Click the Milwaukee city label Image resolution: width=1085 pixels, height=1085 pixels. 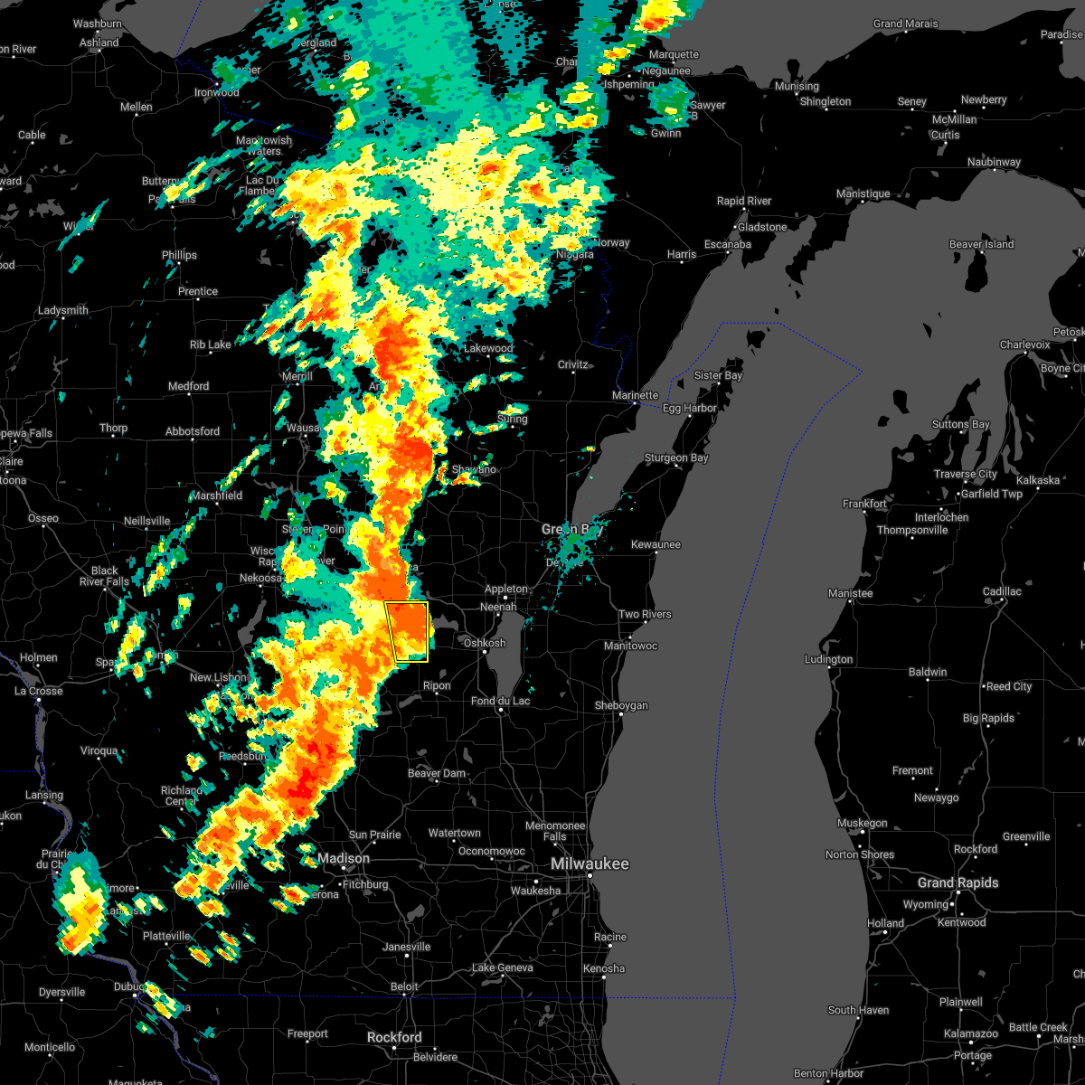pyautogui.click(x=590, y=864)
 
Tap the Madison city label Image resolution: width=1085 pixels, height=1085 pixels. pyautogui.click(x=343, y=858)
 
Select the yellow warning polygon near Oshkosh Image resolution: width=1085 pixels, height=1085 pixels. pyautogui.click(x=408, y=631)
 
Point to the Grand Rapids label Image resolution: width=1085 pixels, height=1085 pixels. pyautogui.click(x=958, y=882)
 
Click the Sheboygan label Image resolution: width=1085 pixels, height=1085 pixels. pyautogui.click(x=621, y=706)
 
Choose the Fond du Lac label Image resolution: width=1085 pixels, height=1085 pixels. pyautogui.click(x=500, y=701)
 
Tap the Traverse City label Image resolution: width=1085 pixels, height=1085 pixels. pyautogui.click(x=967, y=474)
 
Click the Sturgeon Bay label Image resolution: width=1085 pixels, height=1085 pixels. pyautogui.click(x=675, y=458)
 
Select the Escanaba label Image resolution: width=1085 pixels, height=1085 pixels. pyautogui.click(x=727, y=244)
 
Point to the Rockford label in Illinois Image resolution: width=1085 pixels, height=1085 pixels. pyautogui.click(x=394, y=1037)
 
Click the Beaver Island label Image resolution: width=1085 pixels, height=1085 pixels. pyautogui.click(x=981, y=244)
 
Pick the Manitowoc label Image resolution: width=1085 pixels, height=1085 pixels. pyautogui.click(x=630, y=646)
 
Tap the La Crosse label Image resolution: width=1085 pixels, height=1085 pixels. pyautogui.click(x=39, y=691)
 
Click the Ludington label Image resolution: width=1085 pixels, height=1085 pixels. pyautogui.click(x=828, y=659)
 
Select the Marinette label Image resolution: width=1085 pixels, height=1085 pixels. pyautogui.click(x=635, y=395)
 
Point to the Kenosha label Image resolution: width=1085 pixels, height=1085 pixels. pyautogui.click(x=604, y=968)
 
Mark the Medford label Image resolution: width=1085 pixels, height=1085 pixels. pyautogui.click(x=188, y=386)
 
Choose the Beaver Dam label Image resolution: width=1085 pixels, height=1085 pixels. pyautogui.click(x=437, y=773)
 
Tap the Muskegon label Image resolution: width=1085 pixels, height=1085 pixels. pyautogui.click(x=862, y=823)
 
